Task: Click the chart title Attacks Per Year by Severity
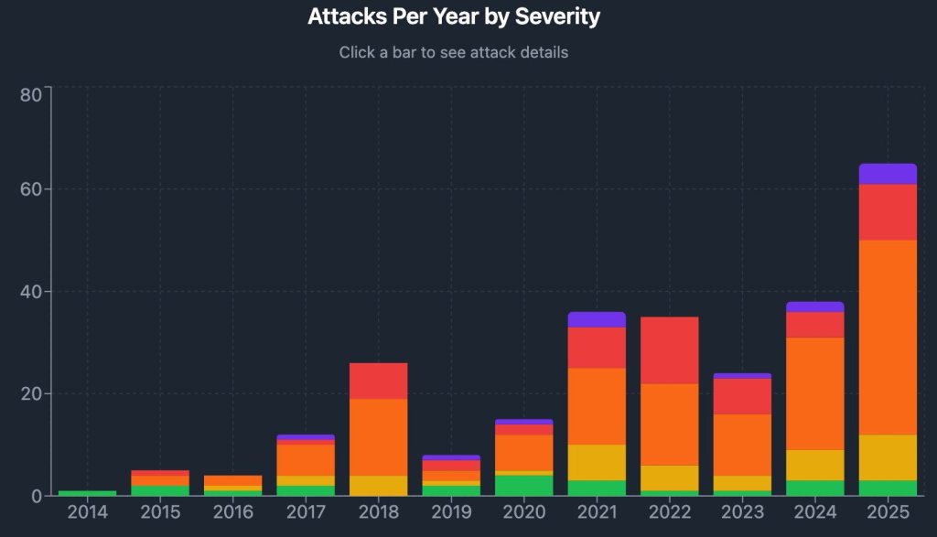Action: (x=454, y=16)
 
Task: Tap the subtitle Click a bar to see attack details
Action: (x=454, y=52)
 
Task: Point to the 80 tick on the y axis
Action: (x=30, y=95)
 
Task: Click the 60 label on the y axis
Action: (x=30, y=189)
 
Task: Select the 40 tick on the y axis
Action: (x=30, y=292)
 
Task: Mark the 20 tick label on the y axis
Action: (x=30, y=393)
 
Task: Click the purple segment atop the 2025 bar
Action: (x=888, y=174)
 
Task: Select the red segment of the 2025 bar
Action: (x=888, y=212)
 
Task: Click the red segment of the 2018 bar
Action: (x=379, y=381)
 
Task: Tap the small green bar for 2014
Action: (x=87, y=493)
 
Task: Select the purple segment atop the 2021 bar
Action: (x=597, y=319)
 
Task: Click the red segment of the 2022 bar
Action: (x=670, y=350)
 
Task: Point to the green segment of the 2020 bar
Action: (x=524, y=485)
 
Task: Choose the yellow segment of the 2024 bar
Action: (x=815, y=465)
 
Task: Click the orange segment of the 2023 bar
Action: (x=742, y=445)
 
